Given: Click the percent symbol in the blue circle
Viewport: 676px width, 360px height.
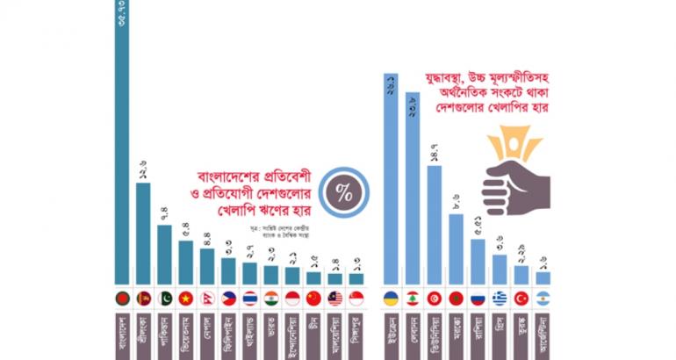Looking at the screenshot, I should point(344,195).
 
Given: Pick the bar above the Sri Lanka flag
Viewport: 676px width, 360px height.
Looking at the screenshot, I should point(143,233).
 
